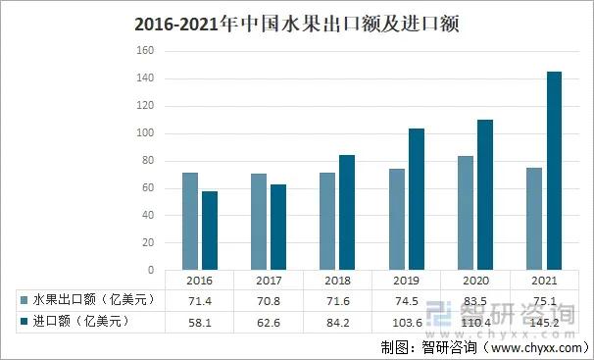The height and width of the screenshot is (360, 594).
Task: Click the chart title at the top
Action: tap(296, 23)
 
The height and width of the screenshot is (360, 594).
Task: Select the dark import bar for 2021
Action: tap(554, 171)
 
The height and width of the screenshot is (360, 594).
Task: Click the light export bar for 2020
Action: tap(465, 213)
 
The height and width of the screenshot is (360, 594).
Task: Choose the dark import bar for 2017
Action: tap(278, 227)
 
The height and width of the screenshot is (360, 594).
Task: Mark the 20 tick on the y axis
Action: tap(148, 242)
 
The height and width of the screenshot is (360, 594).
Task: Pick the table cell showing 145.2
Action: tap(544, 321)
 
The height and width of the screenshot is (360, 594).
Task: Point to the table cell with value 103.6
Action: tap(407, 321)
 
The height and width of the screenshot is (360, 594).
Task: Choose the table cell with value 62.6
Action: tap(269, 321)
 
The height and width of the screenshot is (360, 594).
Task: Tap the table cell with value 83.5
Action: tap(475, 300)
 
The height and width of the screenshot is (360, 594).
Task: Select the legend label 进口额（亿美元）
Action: tap(81, 321)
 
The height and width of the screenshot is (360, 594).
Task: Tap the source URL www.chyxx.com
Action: tap(535, 347)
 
